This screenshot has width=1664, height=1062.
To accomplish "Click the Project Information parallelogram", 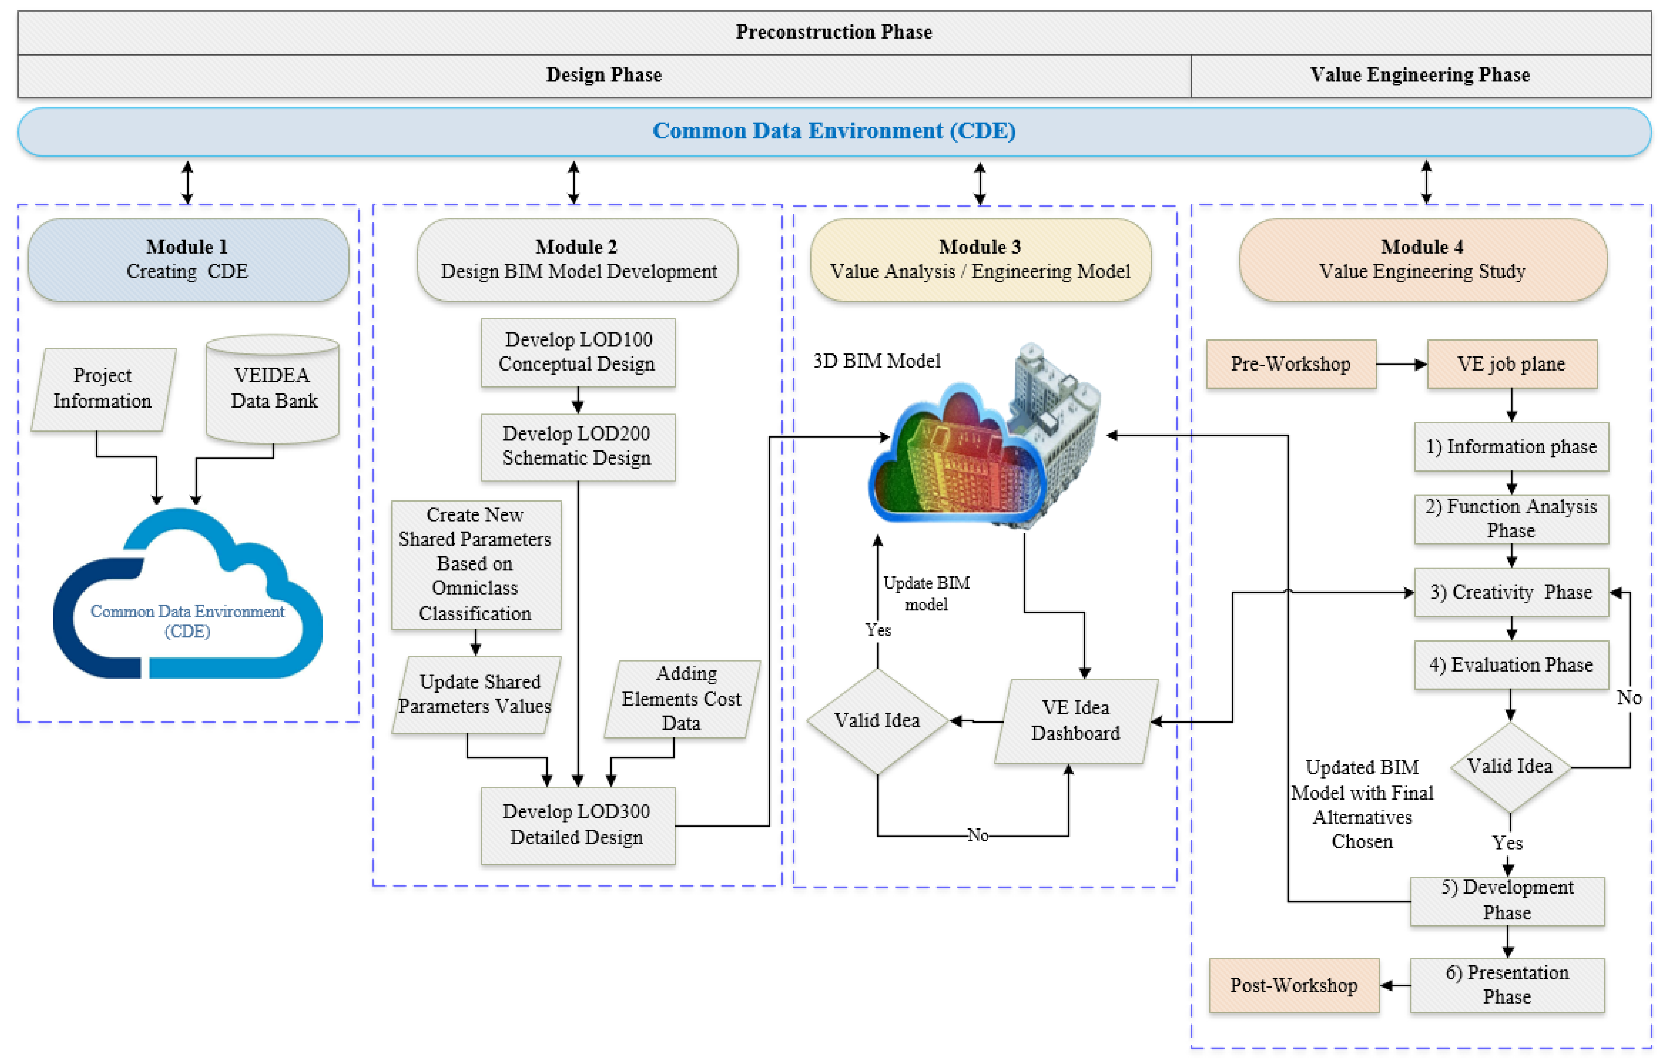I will (x=103, y=389).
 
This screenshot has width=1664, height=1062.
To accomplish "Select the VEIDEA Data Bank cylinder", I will (x=273, y=389).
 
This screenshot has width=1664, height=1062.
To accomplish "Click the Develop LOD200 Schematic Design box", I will (x=578, y=447).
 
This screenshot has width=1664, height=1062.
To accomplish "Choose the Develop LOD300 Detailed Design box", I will (x=578, y=825).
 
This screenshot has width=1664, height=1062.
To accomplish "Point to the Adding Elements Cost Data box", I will (x=682, y=699).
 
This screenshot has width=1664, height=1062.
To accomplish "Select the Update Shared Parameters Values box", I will (x=476, y=694).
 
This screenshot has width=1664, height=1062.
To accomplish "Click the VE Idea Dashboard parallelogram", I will (x=1076, y=721).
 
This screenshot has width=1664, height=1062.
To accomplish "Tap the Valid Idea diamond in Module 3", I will (x=877, y=721).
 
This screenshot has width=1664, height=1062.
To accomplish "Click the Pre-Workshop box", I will (x=1291, y=364).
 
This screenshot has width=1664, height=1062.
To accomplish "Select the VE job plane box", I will (x=1512, y=364).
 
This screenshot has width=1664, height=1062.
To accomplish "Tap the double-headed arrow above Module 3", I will (x=979, y=183).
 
